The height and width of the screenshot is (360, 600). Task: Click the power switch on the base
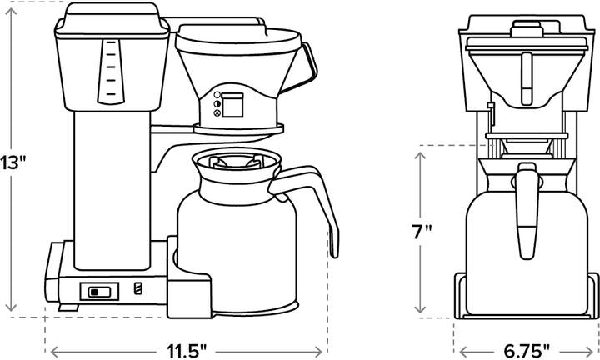point(99,292)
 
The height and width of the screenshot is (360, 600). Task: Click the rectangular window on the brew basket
point(234,105)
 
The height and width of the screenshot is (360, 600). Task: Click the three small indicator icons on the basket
point(217,104)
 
